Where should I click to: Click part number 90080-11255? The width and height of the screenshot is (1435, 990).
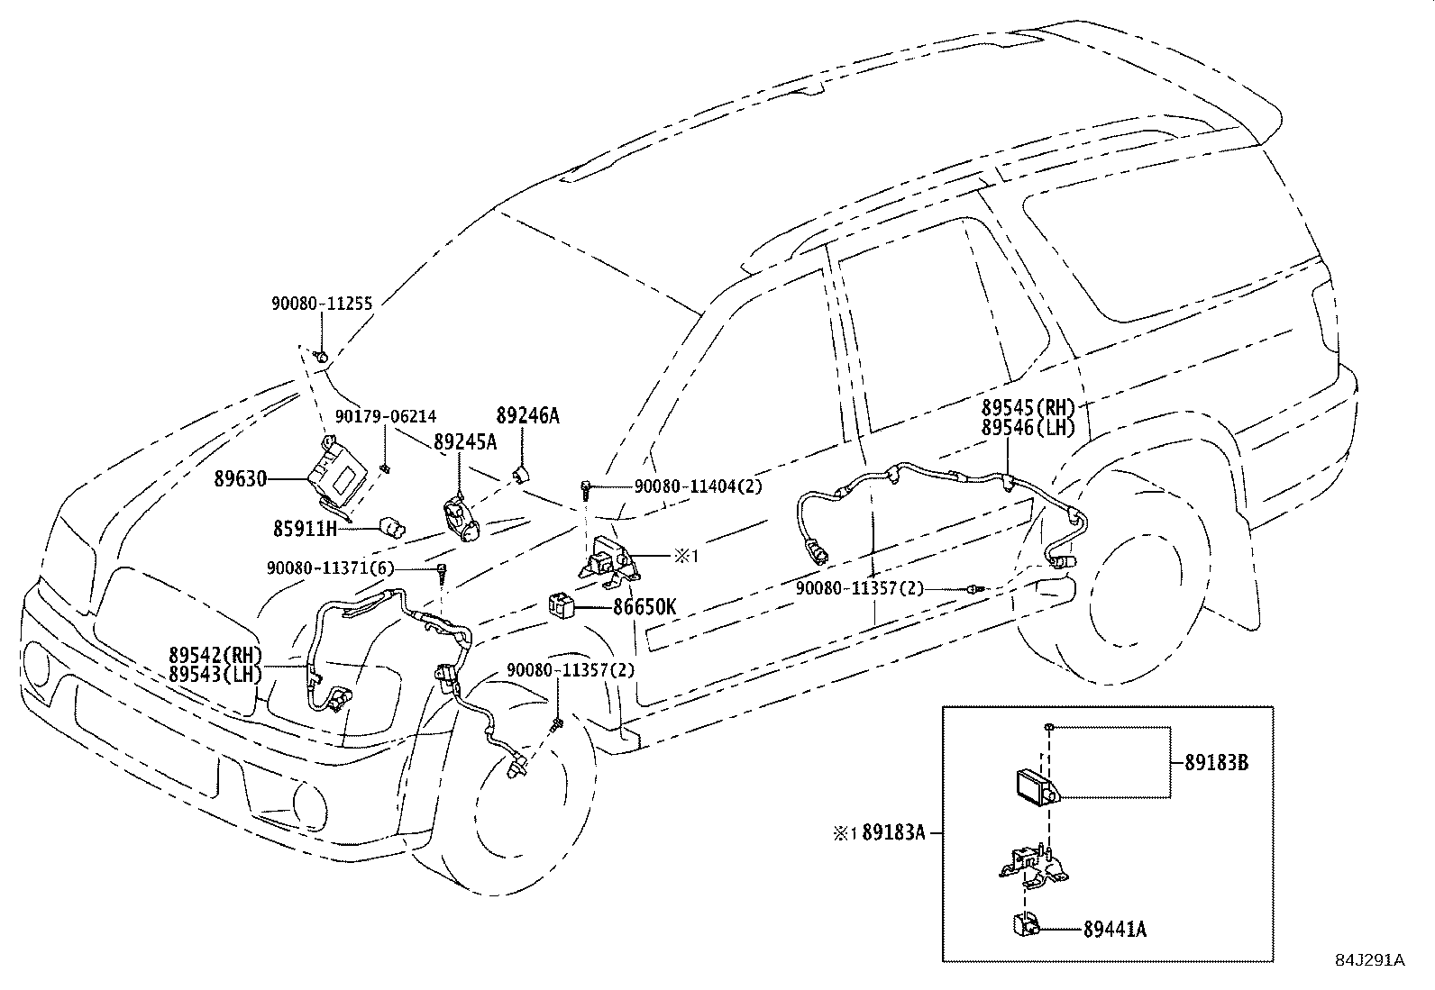(322, 304)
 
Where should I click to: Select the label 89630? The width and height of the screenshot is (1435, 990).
(241, 479)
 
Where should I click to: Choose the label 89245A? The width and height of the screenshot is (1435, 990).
(464, 442)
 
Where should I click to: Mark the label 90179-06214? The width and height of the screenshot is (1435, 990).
(386, 416)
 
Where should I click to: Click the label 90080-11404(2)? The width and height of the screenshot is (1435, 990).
(698, 486)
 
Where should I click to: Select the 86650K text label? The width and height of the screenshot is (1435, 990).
(644, 607)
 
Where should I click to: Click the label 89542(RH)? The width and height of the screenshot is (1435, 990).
(215, 655)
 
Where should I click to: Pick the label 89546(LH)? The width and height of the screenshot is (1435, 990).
(1028, 428)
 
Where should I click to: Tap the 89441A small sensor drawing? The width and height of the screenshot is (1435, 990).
(1022, 923)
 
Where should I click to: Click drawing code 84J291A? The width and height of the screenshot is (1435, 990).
(1369, 960)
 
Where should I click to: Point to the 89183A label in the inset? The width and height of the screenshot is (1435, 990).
(893, 832)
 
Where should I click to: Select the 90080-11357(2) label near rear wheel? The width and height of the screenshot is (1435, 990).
(860, 588)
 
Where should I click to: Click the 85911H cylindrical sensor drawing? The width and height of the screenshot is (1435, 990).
(393, 525)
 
